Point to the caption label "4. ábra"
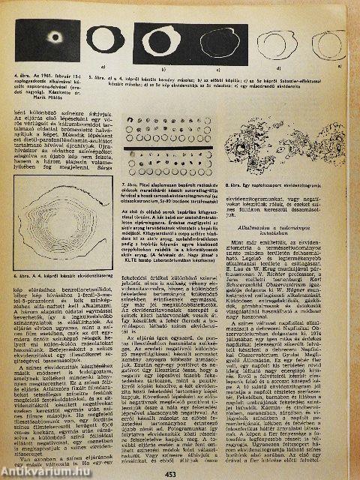click(13, 76)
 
